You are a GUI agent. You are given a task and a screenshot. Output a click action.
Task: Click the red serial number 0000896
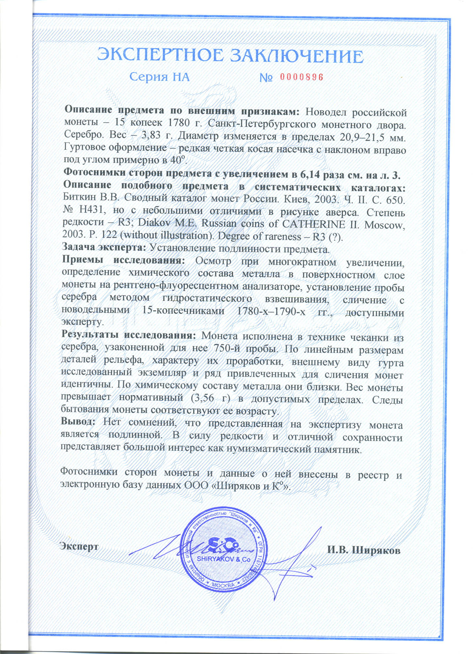click(301, 77)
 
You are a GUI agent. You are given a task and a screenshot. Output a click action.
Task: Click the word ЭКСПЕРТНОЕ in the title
click(159, 56)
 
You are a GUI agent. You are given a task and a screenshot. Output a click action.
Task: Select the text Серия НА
click(159, 77)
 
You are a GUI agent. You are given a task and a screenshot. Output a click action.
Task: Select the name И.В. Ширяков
click(364, 550)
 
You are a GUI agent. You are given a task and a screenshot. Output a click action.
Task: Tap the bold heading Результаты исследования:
click(128, 336)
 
